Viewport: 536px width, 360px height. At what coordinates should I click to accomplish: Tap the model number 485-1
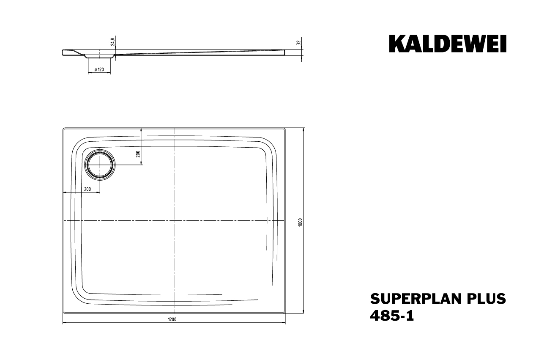(392, 316)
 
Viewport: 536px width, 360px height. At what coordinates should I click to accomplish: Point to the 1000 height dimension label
(300, 222)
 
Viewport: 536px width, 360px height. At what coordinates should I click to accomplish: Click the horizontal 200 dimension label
(88, 189)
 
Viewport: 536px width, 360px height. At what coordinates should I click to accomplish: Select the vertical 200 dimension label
(137, 153)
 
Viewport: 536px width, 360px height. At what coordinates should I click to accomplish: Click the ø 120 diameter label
(99, 69)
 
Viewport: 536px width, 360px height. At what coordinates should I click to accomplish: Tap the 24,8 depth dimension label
(112, 41)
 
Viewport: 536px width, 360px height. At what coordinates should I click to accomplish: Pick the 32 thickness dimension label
(298, 42)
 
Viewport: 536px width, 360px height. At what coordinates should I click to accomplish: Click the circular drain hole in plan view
(100, 164)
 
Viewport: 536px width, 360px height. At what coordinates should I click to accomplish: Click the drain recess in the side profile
(99, 55)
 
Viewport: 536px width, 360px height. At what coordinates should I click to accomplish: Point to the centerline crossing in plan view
(174, 221)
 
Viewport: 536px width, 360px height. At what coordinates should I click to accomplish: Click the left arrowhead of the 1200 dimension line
(64, 323)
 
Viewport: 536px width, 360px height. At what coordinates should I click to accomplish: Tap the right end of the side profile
(284, 52)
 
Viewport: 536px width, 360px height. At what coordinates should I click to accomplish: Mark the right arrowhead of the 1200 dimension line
(284, 323)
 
